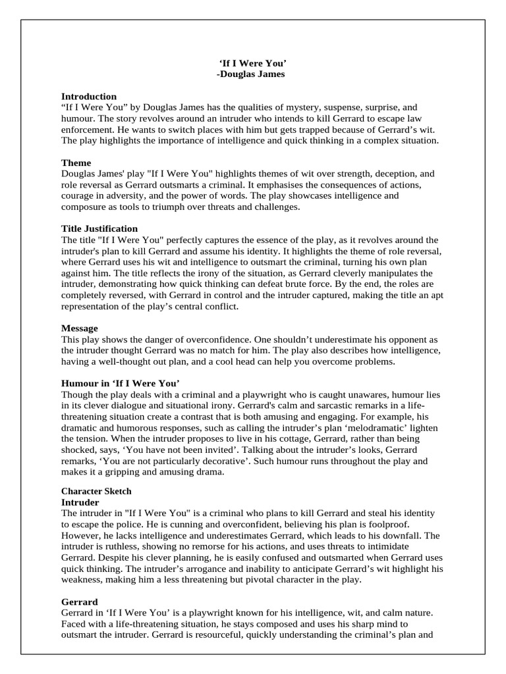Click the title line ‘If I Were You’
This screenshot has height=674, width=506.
coord(252,63)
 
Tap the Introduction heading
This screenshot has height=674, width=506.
coord(89,96)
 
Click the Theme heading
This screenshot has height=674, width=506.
coord(76,163)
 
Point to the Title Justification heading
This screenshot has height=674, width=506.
coord(99,228)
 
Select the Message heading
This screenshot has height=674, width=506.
coord(80,328)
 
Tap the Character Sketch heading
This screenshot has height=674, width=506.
coord(96,491)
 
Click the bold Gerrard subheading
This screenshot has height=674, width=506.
coord(80,602)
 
